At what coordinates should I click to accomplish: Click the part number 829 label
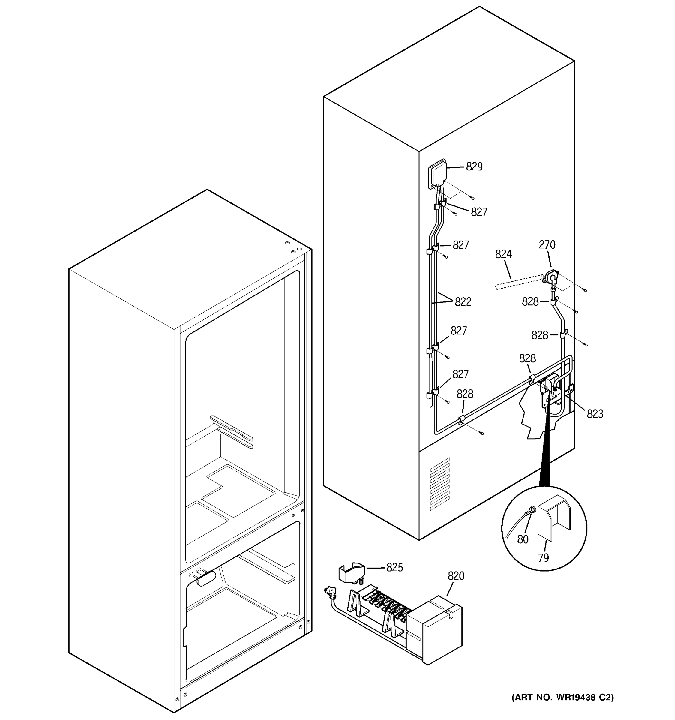point(474,166)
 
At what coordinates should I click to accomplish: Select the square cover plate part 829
point(437,173)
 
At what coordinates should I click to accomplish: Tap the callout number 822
point(463,302)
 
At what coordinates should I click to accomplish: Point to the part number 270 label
point(547,245)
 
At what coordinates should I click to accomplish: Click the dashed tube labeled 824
point(518,282)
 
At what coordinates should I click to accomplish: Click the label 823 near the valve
point(595,414)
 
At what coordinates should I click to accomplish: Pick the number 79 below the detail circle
point(544,558)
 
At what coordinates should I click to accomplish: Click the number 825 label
point(394,567)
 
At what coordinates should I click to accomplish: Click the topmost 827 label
point(479,212)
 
